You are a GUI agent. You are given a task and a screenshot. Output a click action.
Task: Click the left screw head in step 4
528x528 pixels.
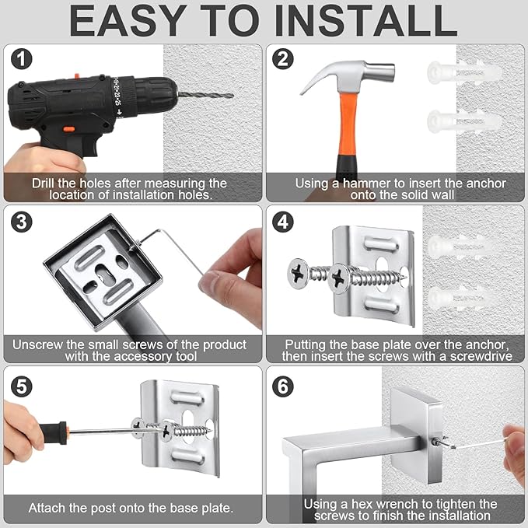tap(300, 274)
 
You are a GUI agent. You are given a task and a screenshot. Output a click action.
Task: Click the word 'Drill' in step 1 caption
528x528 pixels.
tap(47, 184)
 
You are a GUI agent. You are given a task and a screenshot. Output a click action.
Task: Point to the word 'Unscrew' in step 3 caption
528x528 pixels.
tap(39, 344)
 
